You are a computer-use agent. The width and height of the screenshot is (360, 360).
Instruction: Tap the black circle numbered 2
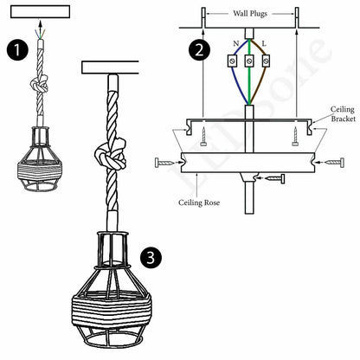(x=200, y=48)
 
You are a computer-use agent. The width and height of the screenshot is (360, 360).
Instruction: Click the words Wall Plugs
(x=249, y=14)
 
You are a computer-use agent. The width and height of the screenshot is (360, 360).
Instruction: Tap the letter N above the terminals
(x=234, y=43)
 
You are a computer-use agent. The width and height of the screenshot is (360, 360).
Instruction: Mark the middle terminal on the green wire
(x=248, y=61)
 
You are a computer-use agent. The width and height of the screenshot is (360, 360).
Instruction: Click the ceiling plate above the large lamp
(x=110, y=67)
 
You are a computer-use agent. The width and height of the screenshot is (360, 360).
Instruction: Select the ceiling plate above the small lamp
(x=37, y=10)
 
